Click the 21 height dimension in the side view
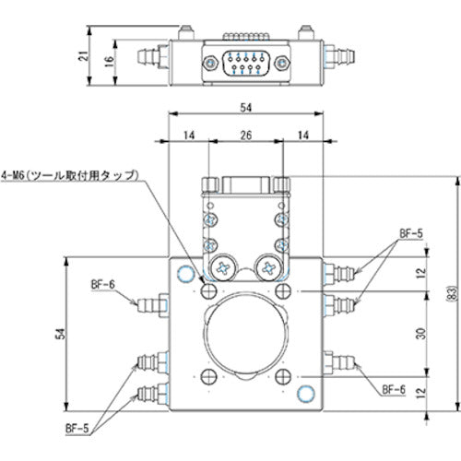click(83, 56)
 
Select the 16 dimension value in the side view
click(110, 62)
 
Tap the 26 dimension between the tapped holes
click(246, 135)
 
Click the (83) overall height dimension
click(453, 293)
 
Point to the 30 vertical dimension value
click(421, 334)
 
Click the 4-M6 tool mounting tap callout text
click(70, 175)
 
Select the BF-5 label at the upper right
click(411, 233)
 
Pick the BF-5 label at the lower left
click(77, 428)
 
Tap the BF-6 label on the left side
click(103, 285)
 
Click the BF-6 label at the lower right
click(394, 390)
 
